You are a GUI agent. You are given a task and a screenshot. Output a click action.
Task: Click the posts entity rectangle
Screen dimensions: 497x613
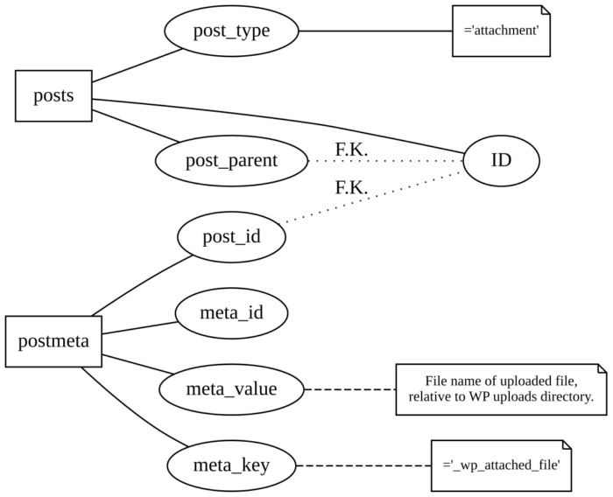click(x=53, y=95)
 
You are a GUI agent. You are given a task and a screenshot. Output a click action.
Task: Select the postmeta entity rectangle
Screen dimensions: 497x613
click(x=53, y=340)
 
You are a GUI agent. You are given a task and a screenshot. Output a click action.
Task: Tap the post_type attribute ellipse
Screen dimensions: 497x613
click(x=231, y=31)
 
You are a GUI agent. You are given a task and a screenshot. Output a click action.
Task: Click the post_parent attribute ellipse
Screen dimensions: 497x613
click(x=231, y=161)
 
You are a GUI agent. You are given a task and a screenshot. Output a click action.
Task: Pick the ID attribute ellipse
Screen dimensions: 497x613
click(x=501, y=161)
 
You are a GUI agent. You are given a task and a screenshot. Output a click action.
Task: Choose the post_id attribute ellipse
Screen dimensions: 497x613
click(x=231, y=237)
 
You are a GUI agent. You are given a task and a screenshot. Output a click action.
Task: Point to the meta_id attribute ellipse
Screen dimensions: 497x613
click(x=231, y=312)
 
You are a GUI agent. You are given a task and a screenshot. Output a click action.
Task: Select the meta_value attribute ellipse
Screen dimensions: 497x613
click(x=231, y=388)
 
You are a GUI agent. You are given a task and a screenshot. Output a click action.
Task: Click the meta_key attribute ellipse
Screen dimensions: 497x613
click(x=231, y=465)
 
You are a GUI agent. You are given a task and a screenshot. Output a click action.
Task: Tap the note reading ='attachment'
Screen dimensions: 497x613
click(x=501, y=31)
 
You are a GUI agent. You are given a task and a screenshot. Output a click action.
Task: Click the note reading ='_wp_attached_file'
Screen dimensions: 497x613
click(x=501, y=465)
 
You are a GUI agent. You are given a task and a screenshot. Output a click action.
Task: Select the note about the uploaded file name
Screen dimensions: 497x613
click(x=501, y=388)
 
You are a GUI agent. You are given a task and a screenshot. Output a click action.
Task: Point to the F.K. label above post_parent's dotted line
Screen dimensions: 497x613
click(x=351, y=150)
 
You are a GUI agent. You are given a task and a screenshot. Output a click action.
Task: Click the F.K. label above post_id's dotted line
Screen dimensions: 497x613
click(x=351, y=187)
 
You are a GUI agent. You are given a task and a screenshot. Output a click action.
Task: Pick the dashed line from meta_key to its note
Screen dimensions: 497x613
click(x=363, y=465)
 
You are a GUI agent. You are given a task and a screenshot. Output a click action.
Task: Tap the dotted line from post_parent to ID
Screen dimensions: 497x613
click(x=385, y=161)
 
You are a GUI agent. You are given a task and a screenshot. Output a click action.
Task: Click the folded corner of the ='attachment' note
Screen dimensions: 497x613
click(x=545, y=10)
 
